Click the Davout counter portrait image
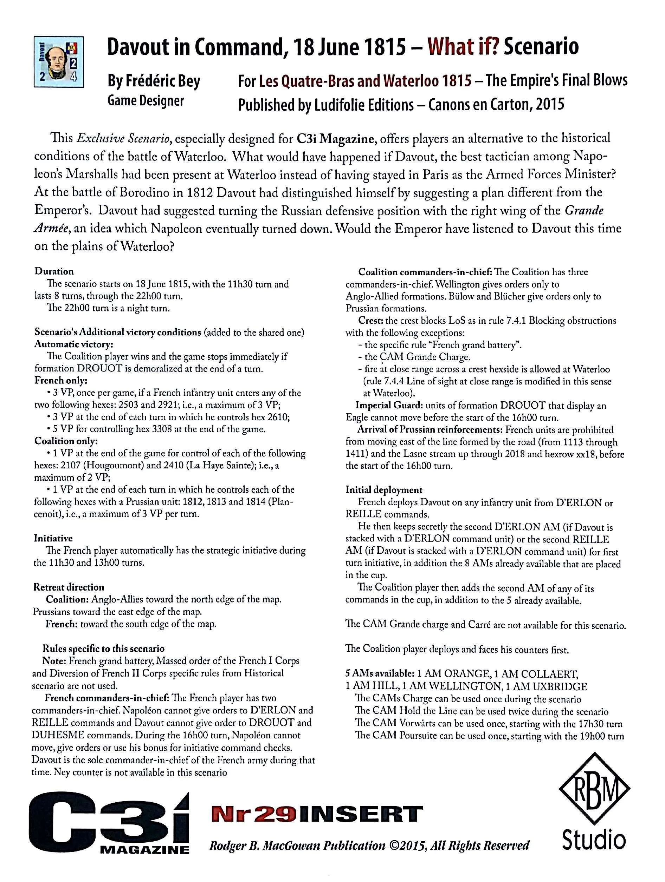point(59,62)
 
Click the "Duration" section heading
point(54,271)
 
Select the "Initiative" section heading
point(53,538)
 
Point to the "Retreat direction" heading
point(69,587)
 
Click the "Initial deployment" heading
point(383,490)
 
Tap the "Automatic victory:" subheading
point(73,344)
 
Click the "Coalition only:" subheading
point(66,441)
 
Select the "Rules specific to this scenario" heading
point(103,649)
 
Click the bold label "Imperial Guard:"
point(389,406)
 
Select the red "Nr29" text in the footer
point(253,814)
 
